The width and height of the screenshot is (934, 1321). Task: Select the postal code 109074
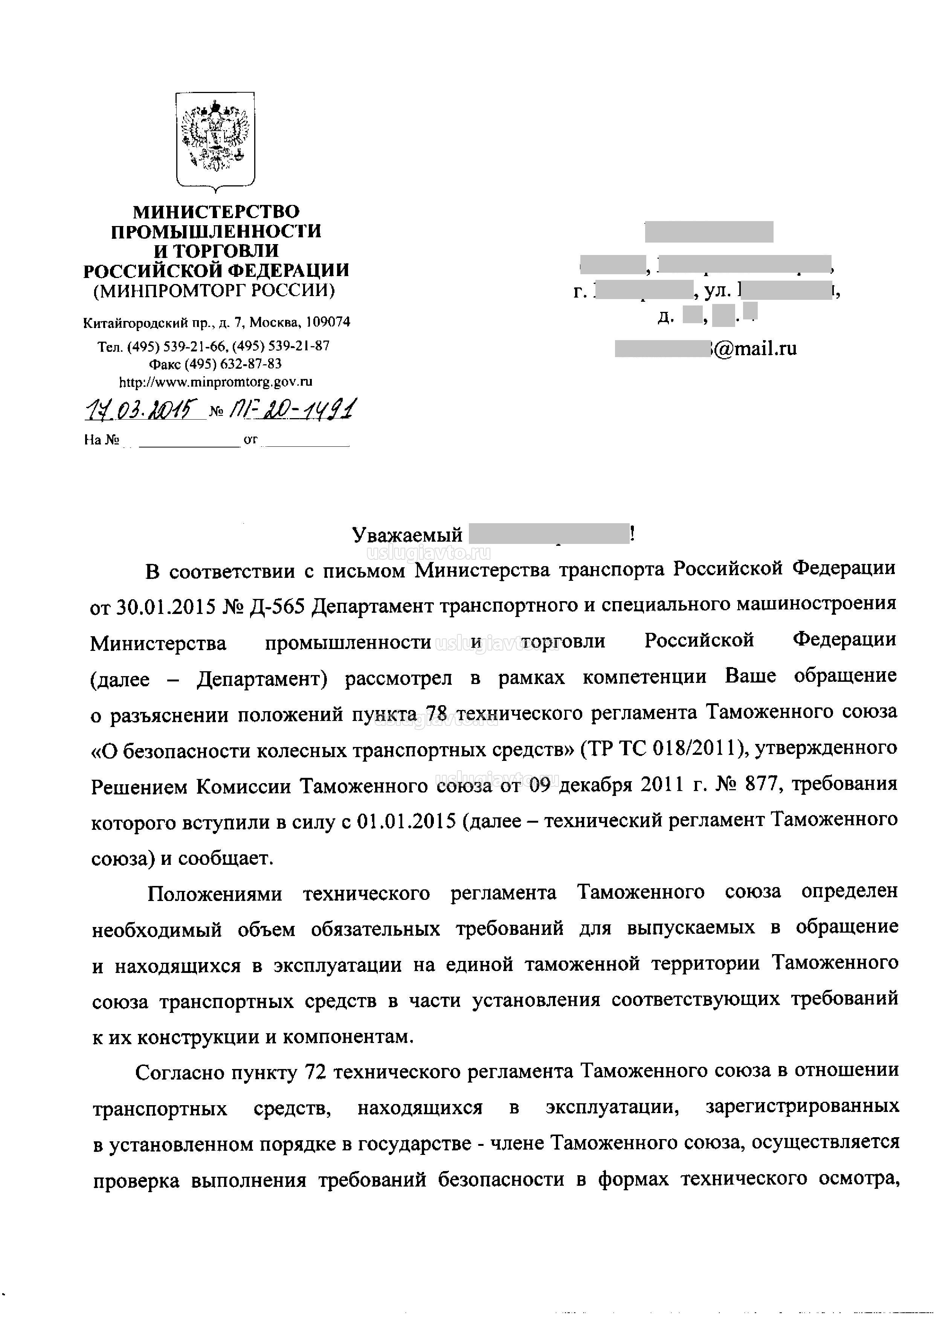[327, 322]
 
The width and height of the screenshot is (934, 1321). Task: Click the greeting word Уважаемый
[407, 535]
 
